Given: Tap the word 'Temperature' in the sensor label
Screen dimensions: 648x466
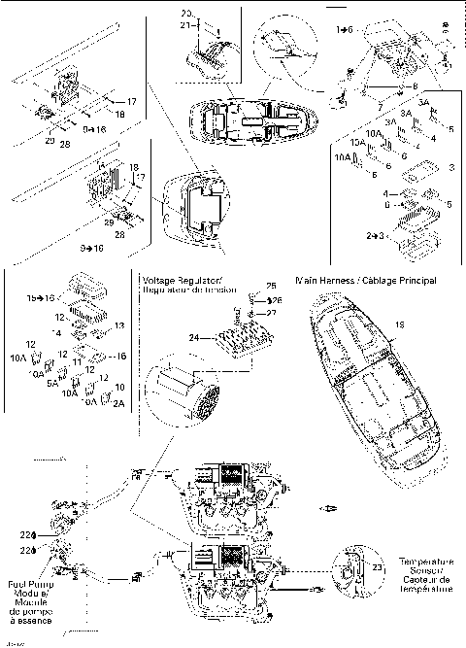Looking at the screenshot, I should point(426,563).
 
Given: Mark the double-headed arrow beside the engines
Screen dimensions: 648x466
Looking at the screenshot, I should point(331,506).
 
